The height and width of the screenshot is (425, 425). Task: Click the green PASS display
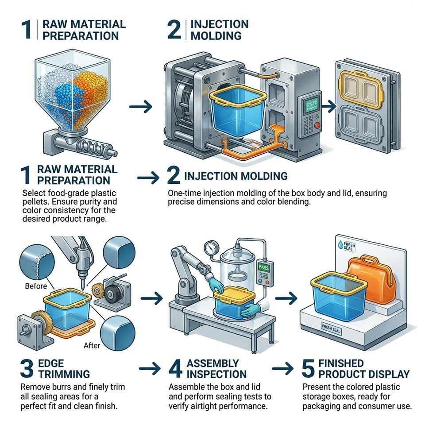tap(264, 267)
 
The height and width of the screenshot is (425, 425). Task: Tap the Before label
tap(36, 286)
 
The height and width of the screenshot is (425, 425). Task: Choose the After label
tap(92, 345)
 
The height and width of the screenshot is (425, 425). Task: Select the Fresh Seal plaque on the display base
tap(331, 329)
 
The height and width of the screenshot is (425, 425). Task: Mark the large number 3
tap(27, 368)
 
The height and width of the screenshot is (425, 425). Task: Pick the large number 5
tap(308, 368)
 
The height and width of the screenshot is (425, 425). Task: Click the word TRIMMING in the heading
tap(64, 374)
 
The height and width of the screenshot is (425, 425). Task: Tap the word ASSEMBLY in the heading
tap(213, 363)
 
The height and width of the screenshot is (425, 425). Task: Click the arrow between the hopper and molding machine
tap(140, 107)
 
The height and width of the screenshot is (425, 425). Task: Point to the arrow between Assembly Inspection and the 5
tap(283, 368)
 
